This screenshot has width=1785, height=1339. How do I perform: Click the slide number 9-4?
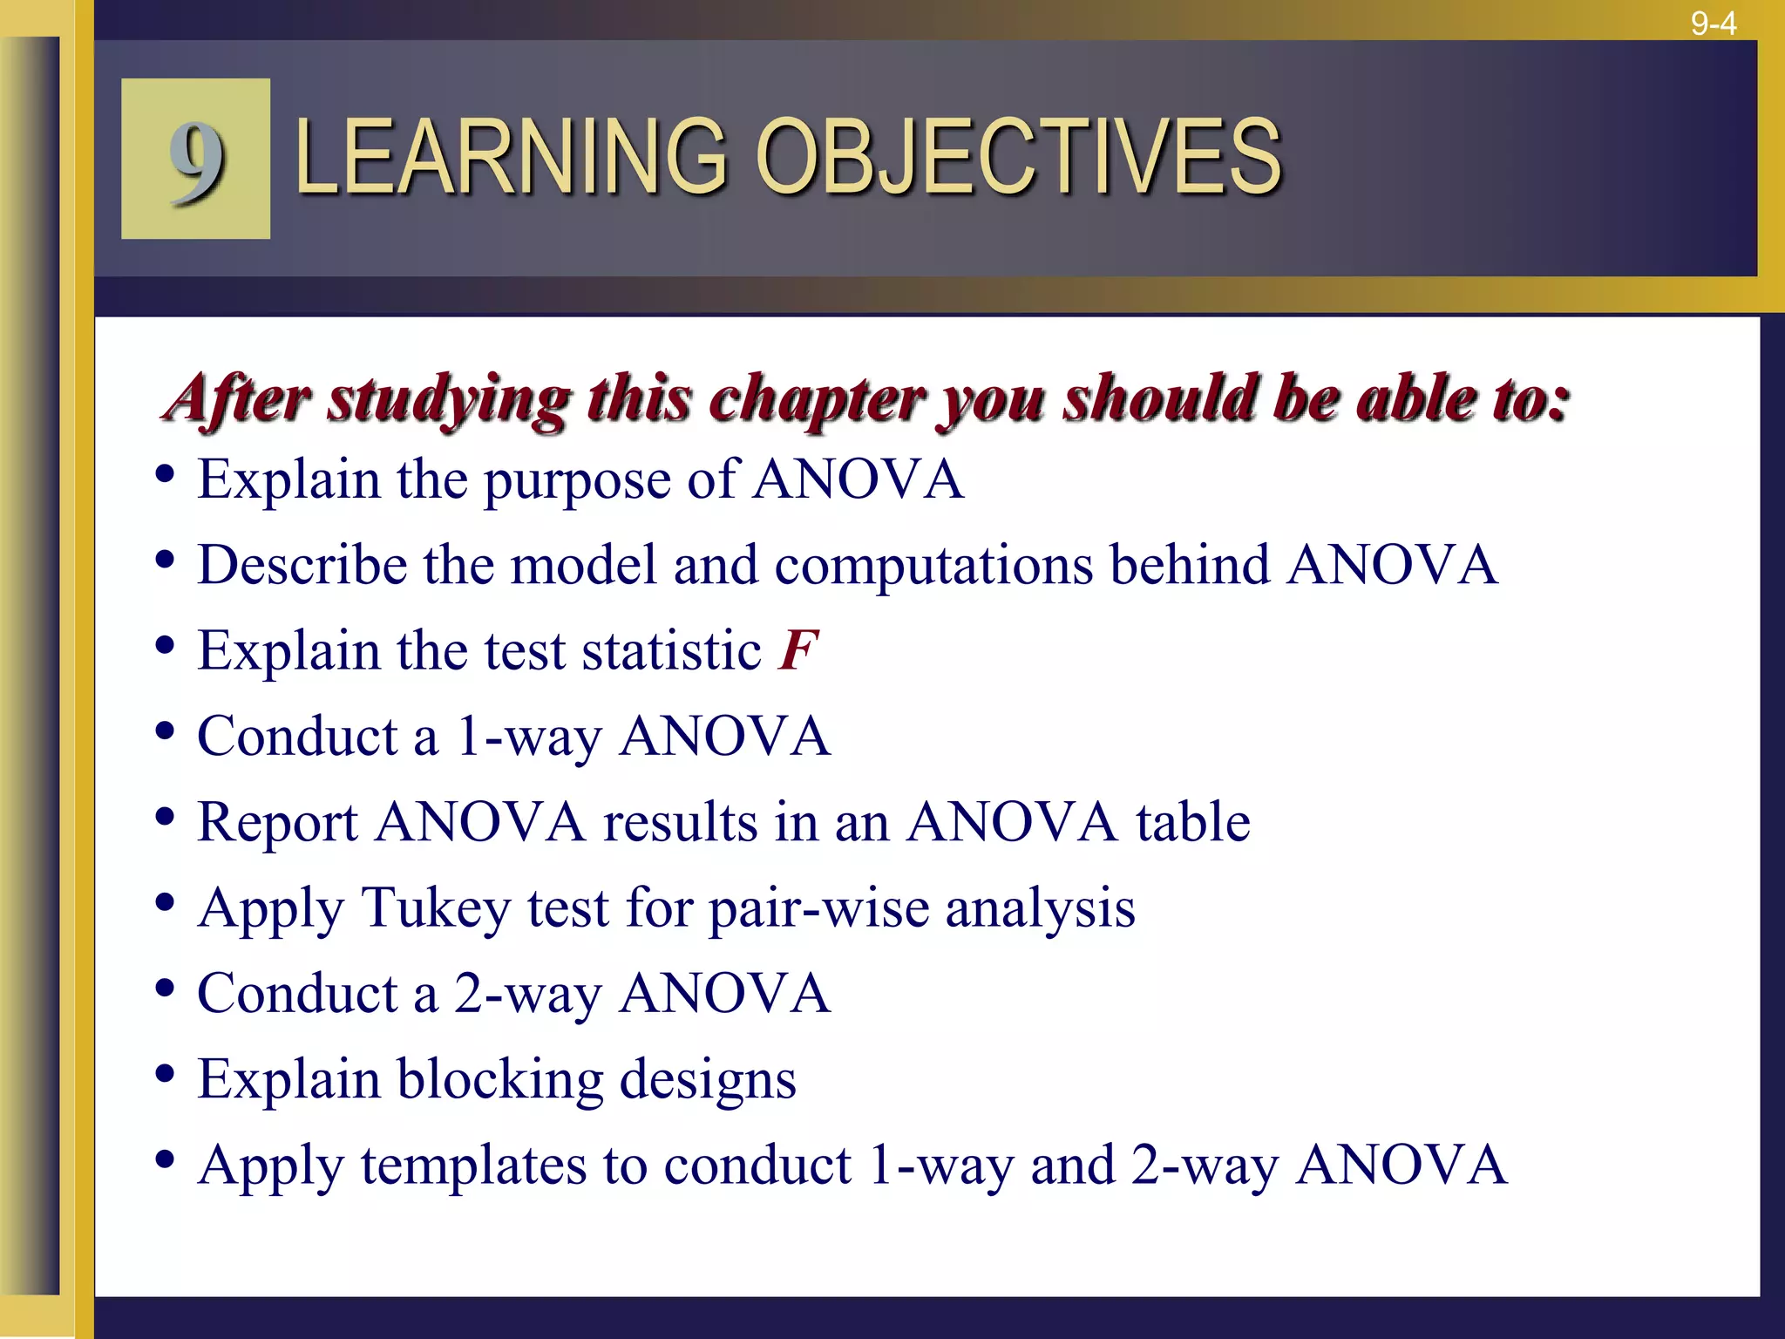(x=1714, y=24)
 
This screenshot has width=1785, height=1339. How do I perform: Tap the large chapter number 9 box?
(x=195, y=159)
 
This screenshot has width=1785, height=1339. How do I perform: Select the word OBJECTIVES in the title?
(x=1019, y=158)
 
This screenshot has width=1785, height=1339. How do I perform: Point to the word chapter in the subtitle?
(x=817, y=399)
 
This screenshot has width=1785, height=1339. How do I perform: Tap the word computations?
(x=933, y=565)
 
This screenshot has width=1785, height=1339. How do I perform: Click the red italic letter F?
(x=798, y=649)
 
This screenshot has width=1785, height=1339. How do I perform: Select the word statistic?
(x=672, y=650)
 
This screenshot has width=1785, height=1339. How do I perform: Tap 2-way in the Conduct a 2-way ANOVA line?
(x=528, y=994)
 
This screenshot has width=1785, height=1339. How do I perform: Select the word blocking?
(x=500, y=1079)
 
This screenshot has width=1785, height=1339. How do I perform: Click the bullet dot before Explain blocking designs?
(x=165, y=1075)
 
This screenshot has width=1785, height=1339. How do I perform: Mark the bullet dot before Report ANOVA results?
(x=165, y=818)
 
